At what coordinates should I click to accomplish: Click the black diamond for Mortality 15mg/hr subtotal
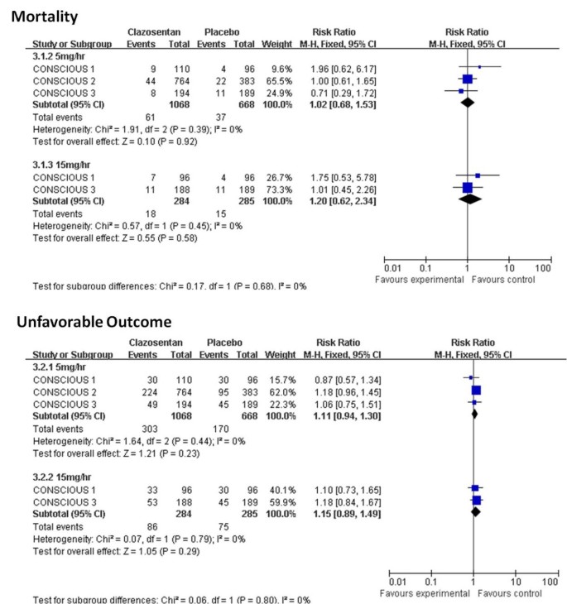coord(468,199)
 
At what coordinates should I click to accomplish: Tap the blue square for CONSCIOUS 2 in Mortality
coord(467,79)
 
